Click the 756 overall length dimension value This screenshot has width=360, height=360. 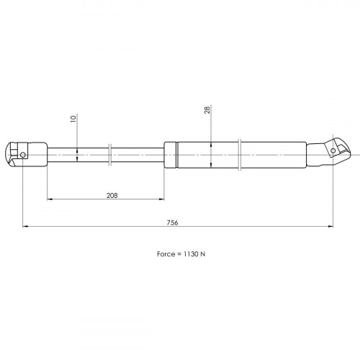click(x=172, y=222)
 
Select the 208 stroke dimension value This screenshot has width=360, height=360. click(x=112, y=196)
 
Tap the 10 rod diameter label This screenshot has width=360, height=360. click(x=73, y=119)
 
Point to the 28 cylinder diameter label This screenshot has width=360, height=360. click(x=207, y=110)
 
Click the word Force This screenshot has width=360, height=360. click(x=166, y=254)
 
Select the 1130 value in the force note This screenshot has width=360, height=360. click(x=191, y=254)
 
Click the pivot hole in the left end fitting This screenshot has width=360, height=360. click(x=23, y=155)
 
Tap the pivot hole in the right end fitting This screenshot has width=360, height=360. click(x=333, y=150)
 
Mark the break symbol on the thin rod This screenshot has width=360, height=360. click(x=110, y=155)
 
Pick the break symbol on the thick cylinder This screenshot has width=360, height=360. click(x=240, y=155)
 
